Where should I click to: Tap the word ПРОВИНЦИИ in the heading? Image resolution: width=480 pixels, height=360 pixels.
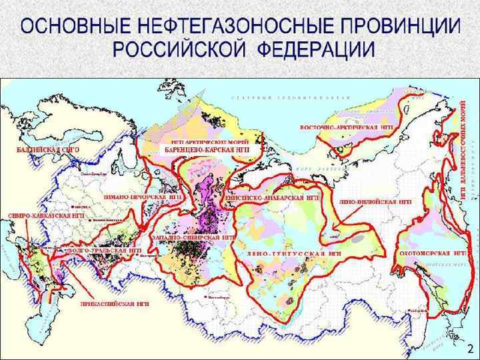click(401, 27)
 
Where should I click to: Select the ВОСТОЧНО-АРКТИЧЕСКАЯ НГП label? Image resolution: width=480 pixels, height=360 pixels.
click(346, 127)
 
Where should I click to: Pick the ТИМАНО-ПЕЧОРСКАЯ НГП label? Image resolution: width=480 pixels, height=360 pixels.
click(143, 198)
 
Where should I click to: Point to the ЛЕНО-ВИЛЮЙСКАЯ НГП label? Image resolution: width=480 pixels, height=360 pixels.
click(375, 200)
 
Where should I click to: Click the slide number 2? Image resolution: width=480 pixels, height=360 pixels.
click(469, 348)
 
